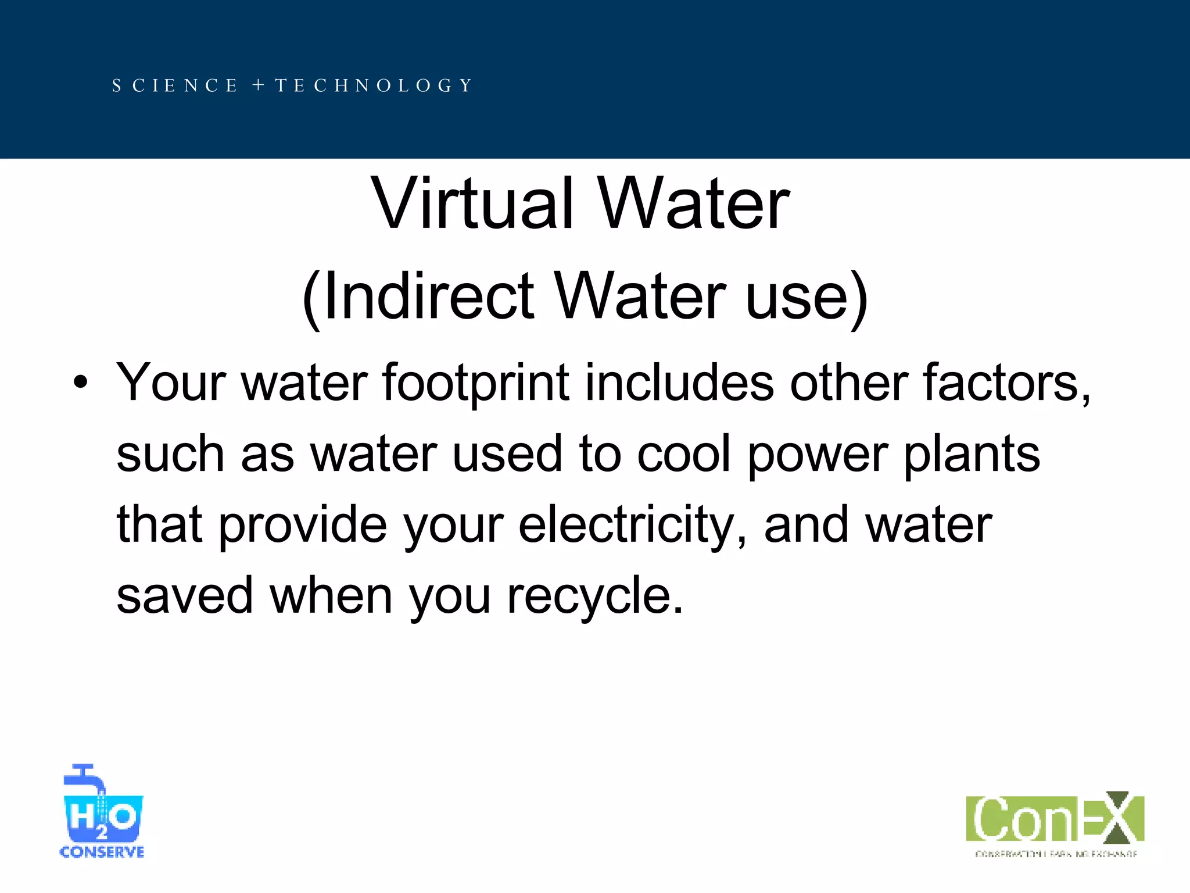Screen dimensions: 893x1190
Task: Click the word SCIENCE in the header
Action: coord(175,86)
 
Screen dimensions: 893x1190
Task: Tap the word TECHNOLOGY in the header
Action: coord(374,86)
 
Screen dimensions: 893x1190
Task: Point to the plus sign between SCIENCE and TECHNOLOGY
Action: coord(259,86)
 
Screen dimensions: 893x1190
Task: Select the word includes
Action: coord(679,383)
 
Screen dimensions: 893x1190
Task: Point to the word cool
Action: coord(683,454)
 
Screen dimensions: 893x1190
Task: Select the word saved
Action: coord(185,595)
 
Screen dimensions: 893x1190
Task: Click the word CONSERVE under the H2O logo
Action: coord(102,852)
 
